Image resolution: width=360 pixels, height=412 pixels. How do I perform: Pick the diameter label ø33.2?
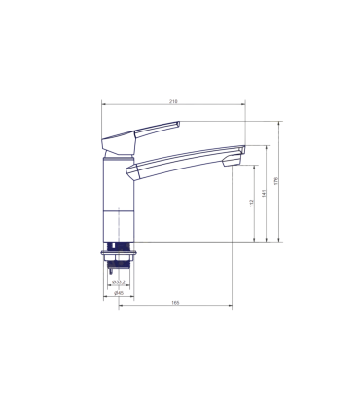point(116,282)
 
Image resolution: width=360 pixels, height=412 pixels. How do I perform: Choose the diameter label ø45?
point(117,292)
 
